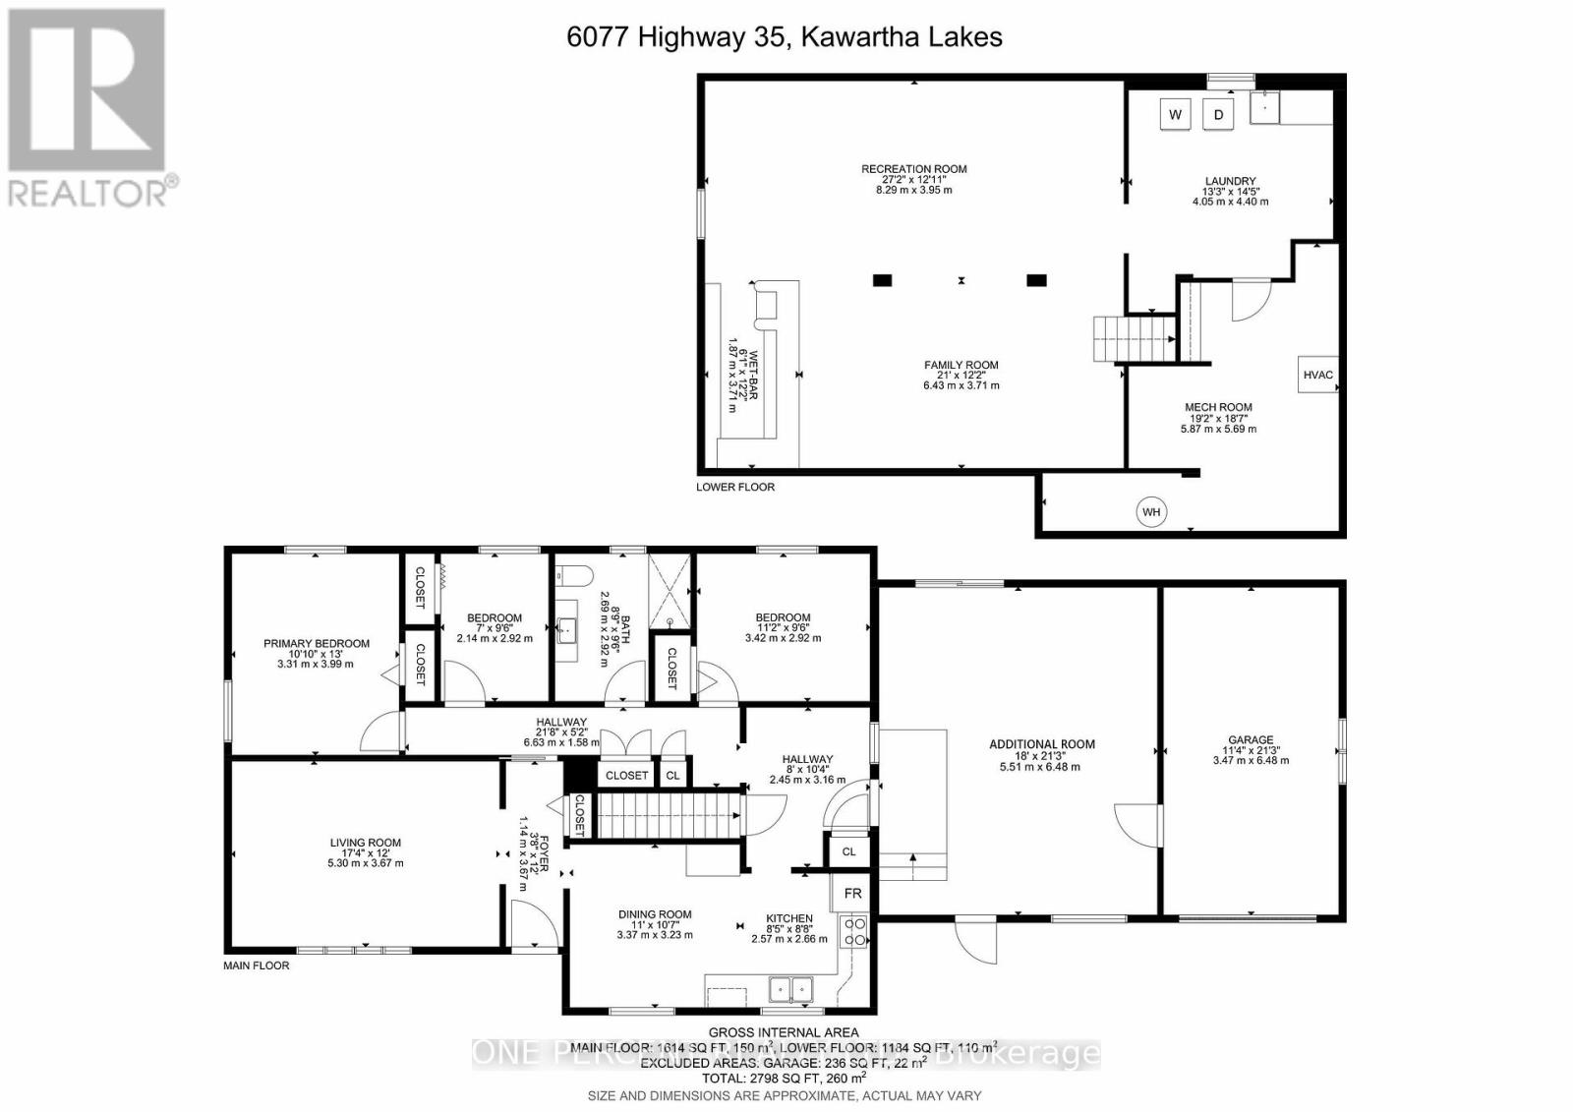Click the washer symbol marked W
1175,114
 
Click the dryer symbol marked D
1219,114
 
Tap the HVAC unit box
1317,375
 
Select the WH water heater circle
1151,512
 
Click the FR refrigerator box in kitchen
852,894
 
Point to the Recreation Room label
913,169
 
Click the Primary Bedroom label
316,644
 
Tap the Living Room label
365,843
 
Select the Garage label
1251,740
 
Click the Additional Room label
1041,744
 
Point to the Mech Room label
1218,407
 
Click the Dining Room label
655,914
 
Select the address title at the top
785,37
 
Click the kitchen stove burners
853,931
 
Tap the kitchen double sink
790,987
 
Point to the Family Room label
961,365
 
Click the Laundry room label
1230,181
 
